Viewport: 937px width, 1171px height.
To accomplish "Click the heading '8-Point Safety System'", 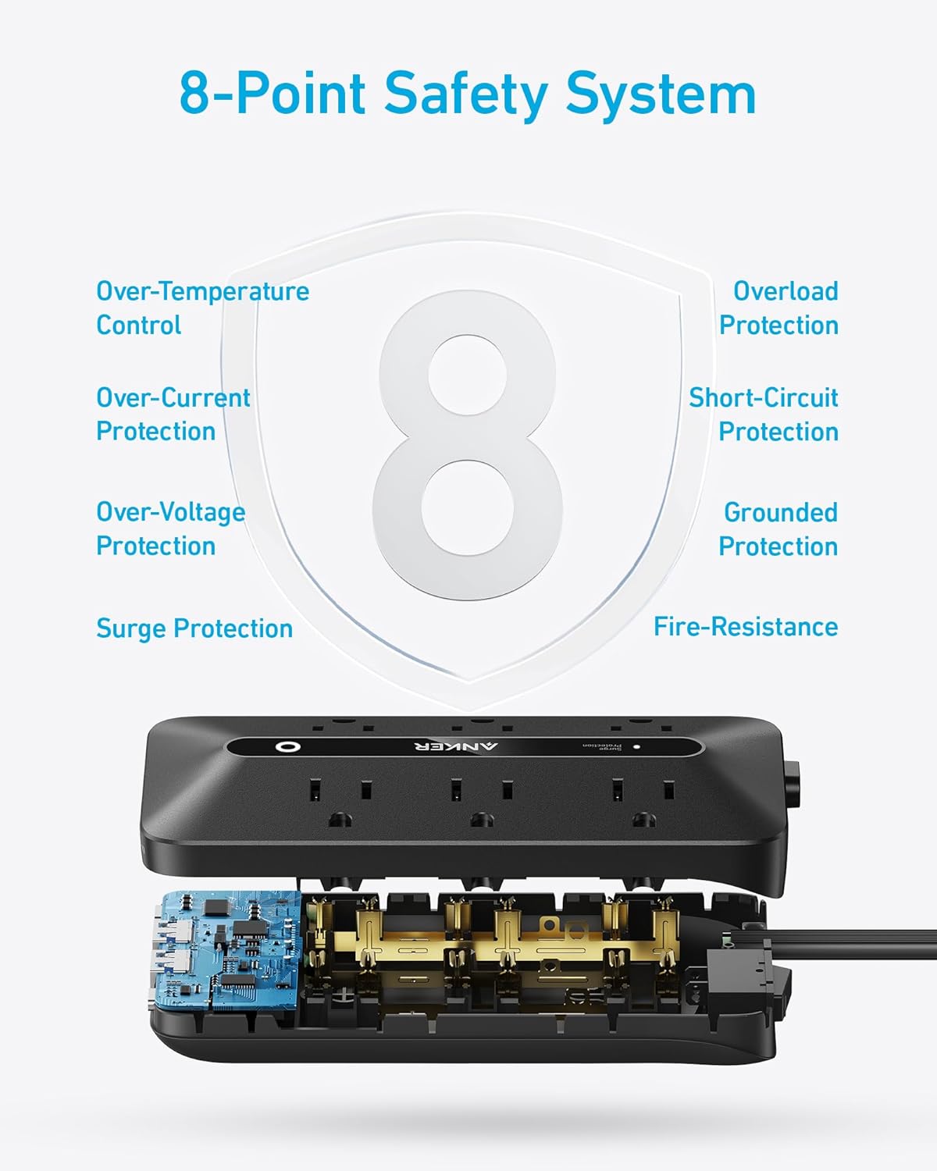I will [468, 94].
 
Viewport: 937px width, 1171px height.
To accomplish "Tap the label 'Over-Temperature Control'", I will [202, 308].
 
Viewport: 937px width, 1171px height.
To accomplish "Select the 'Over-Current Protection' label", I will [173, 415].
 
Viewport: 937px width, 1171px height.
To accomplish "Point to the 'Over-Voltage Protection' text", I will [170, 529].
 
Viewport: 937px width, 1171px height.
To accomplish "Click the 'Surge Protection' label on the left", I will [194, 628].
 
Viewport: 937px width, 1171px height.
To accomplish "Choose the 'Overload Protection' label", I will [778, 308].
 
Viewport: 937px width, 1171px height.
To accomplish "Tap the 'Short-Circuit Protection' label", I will [763, 415].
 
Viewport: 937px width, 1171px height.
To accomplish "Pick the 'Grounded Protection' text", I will [778, 529].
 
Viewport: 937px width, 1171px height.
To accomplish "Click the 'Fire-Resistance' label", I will [745, 627].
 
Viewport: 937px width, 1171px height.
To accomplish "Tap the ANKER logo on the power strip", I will [455, 746].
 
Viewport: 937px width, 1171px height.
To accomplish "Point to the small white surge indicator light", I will [636, 746].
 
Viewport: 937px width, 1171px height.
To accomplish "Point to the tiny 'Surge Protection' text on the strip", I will [601, 746].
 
